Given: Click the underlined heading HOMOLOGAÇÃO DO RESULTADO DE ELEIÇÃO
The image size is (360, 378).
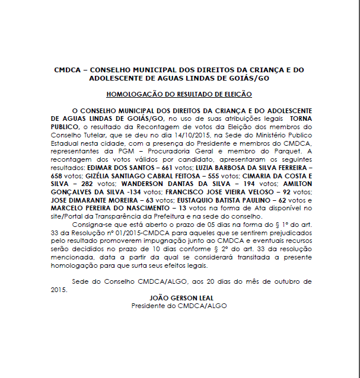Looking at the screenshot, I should (x=179, y=94).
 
